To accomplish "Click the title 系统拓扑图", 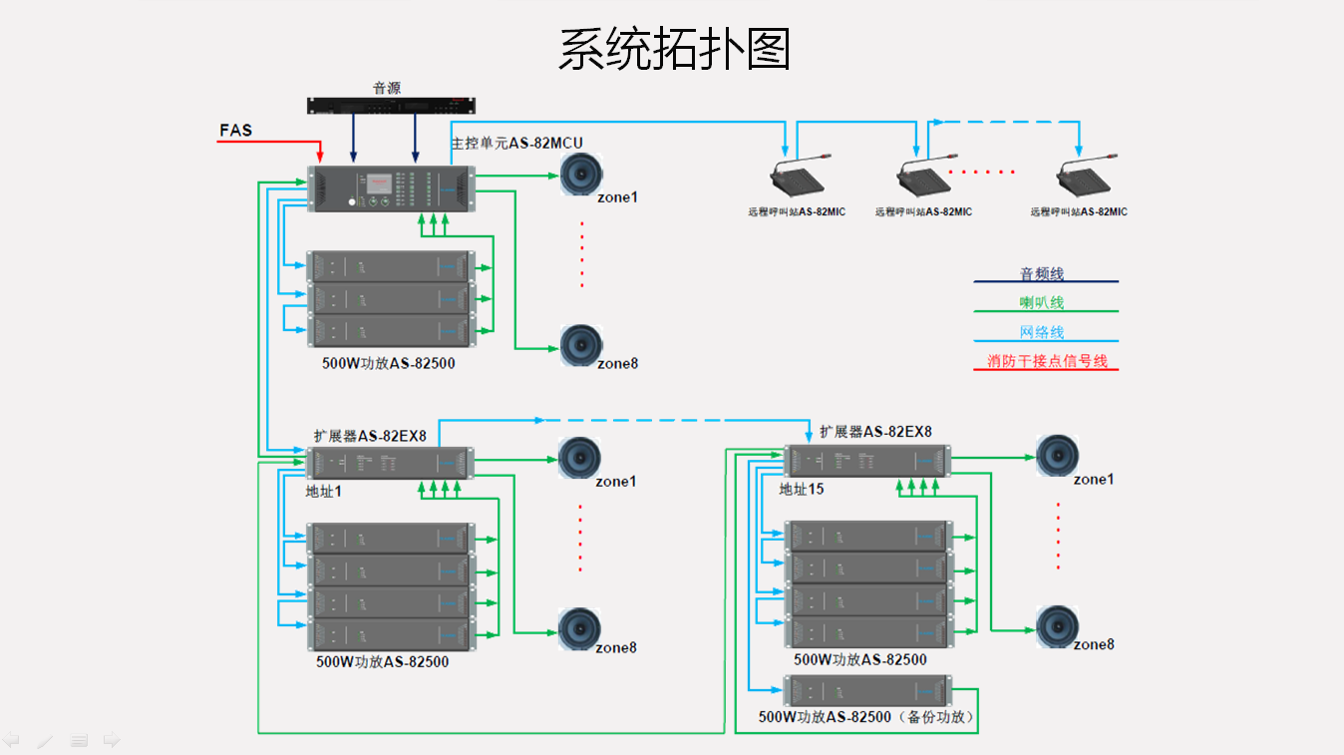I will (673, 49).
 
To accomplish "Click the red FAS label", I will (235, 131).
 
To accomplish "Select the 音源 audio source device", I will (391, 104).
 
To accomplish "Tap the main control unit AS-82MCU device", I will (391, 189).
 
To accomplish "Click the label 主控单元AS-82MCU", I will (516, 144).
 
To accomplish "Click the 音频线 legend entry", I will (1042, 273).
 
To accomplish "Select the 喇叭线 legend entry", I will (1042, 303).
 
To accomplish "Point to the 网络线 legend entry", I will (1042, 332).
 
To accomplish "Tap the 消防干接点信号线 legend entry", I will (1047, 361).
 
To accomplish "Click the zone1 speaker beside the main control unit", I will (580, 175).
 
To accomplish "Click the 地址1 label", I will (324, 492).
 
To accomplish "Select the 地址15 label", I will (802, 490).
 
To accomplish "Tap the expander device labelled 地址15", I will (866, 461).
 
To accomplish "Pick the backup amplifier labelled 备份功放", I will (866, 691).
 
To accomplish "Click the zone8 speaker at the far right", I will (1057, 625).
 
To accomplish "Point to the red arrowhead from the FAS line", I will (320, 159).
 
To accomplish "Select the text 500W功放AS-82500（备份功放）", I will (866, 717).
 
